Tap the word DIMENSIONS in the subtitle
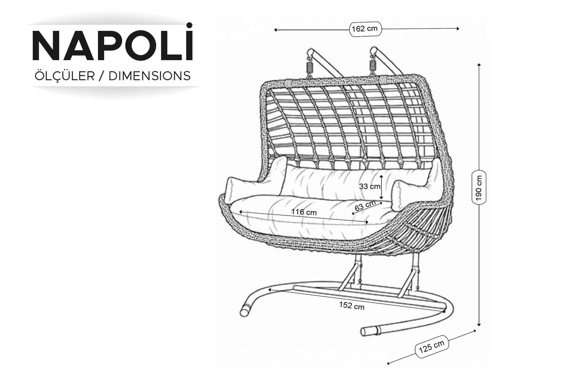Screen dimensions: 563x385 [149, 76]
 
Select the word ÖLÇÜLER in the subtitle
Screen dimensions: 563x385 [64, 75]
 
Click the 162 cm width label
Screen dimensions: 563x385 [365, 29]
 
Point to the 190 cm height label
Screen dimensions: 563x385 [479, 188]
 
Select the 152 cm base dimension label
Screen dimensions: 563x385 [352, 306]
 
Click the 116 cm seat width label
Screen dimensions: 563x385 [304, 212]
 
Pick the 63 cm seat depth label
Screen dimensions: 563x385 [365, 206]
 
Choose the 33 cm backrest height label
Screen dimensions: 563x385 [369, 187]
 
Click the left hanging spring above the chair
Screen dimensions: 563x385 [309, 67]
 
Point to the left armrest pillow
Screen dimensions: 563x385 [256, 181]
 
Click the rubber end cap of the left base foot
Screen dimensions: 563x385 [246, 310]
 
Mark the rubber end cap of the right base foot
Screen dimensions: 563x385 [370, 331]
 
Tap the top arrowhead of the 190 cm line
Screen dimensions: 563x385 [479, 65]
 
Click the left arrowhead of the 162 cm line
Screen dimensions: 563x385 [276, 30]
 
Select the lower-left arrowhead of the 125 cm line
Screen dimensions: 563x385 [389, 363]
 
